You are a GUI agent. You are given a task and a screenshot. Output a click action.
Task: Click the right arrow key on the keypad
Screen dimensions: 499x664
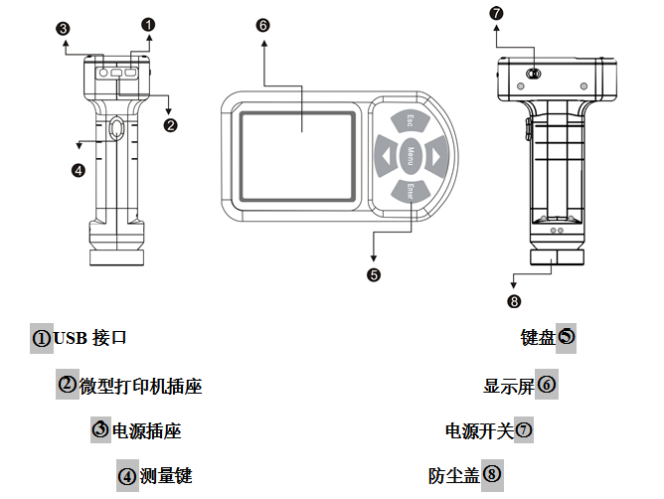[x=433, y=155]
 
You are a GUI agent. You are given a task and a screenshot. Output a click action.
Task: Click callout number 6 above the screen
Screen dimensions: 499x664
[x=262, y=26]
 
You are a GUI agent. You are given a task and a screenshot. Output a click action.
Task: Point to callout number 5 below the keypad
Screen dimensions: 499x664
[x=373, y=274]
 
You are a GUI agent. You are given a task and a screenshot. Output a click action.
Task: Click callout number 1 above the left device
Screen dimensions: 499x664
[x=148, y=22]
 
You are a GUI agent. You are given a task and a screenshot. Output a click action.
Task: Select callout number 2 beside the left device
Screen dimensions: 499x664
[x=170, y=124]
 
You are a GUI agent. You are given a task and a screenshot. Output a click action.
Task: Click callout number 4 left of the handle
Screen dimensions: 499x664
[x=79, y=169]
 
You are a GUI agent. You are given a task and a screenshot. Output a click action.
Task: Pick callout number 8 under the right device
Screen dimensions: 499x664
[x=513, y=300]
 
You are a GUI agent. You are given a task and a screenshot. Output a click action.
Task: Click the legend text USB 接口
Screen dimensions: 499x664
[x=90, y=338]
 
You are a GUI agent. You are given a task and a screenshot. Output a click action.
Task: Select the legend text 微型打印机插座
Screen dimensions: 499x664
[x=140, y=386]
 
